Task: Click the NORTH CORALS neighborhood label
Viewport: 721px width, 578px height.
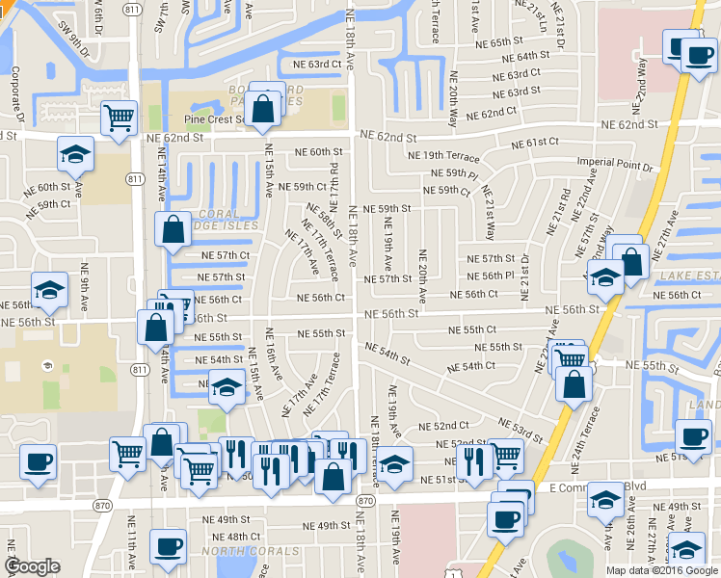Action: [x=227, y=552]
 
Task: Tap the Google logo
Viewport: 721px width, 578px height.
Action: [x=32, y=566]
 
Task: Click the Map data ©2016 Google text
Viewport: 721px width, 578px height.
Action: [x=661, y=570]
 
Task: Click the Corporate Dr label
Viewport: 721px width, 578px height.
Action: [x=16, y=92]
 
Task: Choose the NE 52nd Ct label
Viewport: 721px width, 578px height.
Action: [x=444, y=425]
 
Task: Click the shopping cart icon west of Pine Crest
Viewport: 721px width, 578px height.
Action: [x=119, y=118]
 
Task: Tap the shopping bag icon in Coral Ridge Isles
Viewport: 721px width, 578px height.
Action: [x=173, y=230]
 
